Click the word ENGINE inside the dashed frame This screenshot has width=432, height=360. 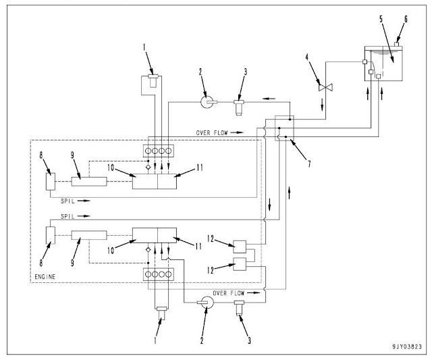(x=45, y=277)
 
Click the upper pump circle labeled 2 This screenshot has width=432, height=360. (x=207, y=103)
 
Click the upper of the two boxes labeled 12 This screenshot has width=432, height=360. (x=240, y=247)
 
